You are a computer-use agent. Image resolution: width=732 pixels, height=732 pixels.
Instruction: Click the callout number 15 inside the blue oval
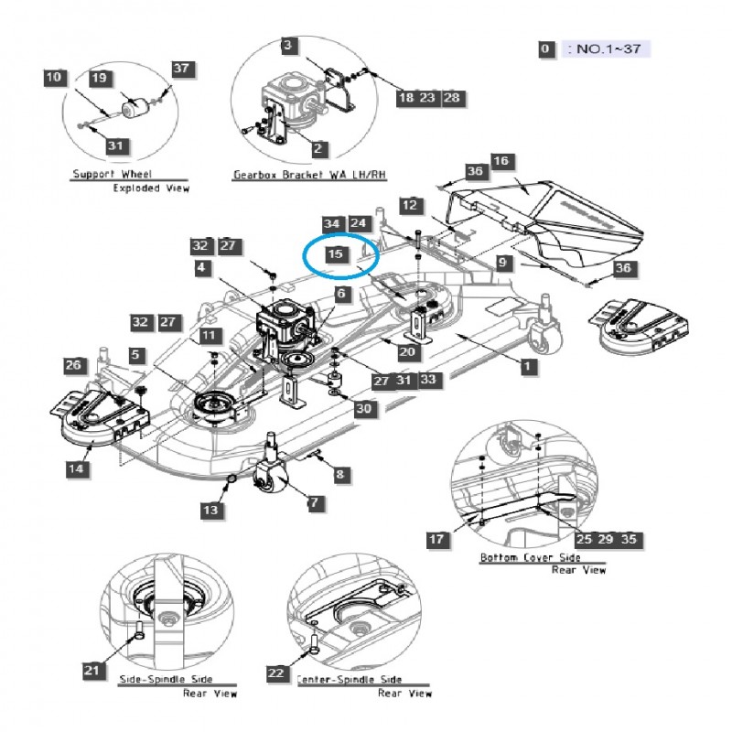point(336,253)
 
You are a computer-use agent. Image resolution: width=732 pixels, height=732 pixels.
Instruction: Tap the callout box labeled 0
point(545,49)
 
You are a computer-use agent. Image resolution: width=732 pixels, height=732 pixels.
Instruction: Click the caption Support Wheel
point(113,174)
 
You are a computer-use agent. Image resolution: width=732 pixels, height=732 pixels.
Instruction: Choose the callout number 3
point(287,45)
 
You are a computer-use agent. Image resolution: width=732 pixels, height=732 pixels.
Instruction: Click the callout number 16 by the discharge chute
point(500,161)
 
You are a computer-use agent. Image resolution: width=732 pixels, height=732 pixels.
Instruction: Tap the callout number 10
point(54,78)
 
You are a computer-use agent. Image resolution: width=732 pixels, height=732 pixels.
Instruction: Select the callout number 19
point(100,79)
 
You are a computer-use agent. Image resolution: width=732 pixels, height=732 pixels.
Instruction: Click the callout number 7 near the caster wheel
point(315,502)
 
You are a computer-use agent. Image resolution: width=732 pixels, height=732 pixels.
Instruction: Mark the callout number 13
point(212,510)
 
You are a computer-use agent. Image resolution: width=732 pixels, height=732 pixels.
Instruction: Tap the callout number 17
point(438,539)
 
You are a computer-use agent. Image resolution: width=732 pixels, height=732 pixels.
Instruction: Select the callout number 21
point(91,671)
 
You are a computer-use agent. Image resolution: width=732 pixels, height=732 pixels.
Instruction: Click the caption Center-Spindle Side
point(349,680)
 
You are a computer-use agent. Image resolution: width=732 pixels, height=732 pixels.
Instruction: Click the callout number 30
point(364,409)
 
